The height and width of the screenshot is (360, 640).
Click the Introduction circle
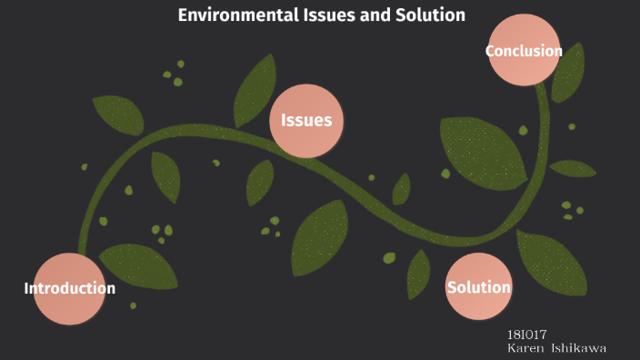click(x=69, y=288)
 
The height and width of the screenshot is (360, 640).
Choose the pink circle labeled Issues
click(x=306, y=120)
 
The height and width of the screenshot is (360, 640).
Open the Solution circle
click(x=478, y=287)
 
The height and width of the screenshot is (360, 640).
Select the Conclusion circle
click(x=523, y=51)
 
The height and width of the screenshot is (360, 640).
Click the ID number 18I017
click(x=526, y=335)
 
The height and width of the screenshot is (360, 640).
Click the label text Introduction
click(x=69, y=288)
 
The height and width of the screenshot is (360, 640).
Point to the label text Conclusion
click(x=524, y=51)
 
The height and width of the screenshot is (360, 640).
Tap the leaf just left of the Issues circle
click(x=254, y=90)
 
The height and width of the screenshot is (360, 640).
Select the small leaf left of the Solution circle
click(x=418, y=273)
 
